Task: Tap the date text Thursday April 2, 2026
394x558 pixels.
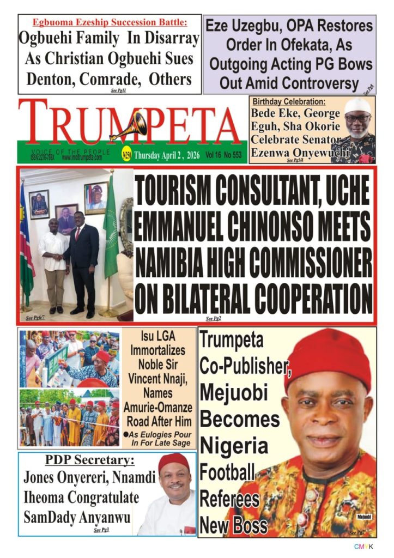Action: coord(167,155)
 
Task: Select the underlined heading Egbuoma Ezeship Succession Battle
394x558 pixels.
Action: coord(110,22)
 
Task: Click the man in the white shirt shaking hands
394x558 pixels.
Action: coord(53,256)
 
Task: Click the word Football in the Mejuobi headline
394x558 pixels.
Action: coord(227,472)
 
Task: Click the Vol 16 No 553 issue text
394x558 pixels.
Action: coord(223,155)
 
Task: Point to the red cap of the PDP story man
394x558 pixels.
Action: coord(174,462)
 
